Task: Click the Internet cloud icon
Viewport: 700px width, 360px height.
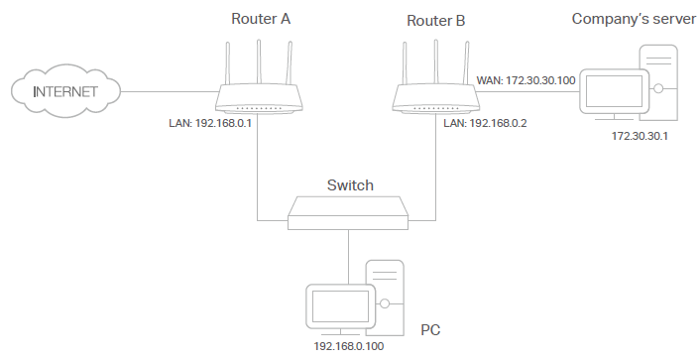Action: (65, 92)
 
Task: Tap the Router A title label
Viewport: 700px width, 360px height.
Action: (260, 18)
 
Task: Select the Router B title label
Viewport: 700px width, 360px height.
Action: (434, 19)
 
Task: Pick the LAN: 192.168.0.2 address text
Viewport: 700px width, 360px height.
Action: (483, 124)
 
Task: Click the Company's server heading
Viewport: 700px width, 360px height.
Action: (631, 18)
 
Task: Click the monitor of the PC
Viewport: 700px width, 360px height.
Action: (338, 307)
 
